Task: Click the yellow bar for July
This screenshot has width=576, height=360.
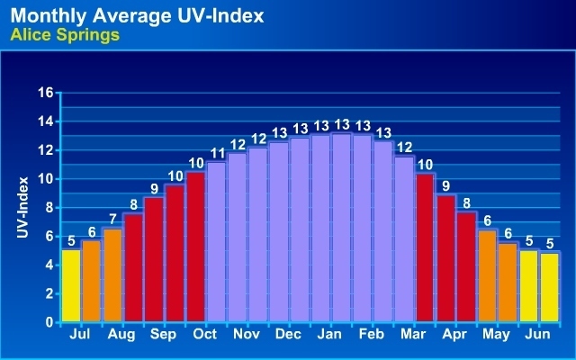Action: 71,285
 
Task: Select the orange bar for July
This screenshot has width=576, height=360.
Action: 92,281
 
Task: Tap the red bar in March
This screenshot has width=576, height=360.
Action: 425,247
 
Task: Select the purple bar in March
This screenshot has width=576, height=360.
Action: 404,238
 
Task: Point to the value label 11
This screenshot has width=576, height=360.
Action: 216,154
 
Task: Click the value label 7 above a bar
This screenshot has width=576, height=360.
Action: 112,219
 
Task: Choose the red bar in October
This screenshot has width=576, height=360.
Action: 195,247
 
